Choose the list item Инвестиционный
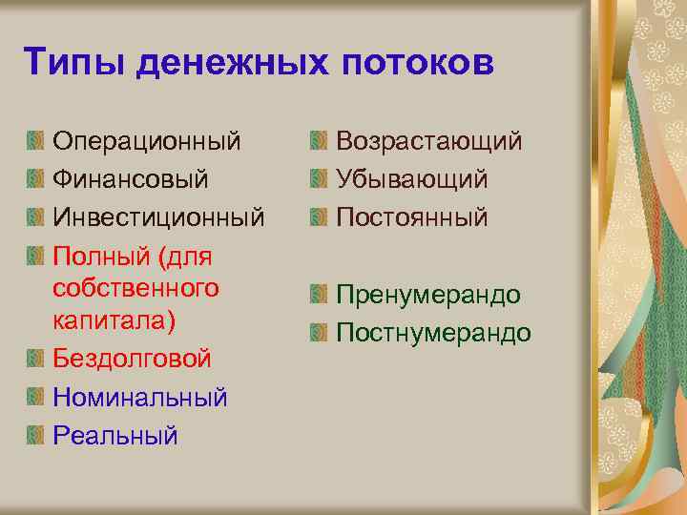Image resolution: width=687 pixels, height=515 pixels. (x=158, y=217)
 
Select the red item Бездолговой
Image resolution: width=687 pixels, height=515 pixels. (x=132, y=359)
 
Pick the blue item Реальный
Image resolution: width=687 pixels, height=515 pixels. (x=115, y=435)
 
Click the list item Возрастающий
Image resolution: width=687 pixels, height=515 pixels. (x=428, y=142)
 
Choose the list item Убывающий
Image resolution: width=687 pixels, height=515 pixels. (x=411, y=179)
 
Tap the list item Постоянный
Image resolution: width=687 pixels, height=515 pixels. (x=411, y=217)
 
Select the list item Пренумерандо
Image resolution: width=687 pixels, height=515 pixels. (x=428, y=295)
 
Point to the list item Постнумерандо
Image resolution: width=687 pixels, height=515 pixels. (x=433, y=333)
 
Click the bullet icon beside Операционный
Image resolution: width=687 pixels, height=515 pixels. (x=35, y=142)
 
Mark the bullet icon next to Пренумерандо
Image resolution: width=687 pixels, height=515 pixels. (x=319, y=295)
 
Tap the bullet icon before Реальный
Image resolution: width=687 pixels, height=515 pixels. (x=35, y=435)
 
